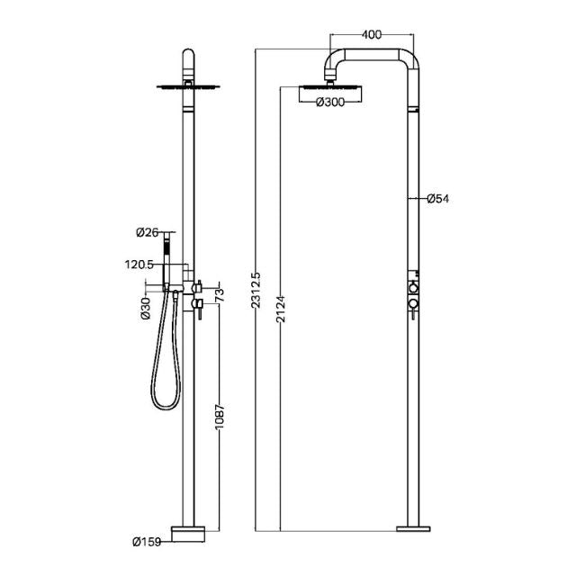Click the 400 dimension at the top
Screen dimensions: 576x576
pyautogui.click(x=370, y=34)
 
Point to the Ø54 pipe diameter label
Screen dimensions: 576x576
pyautogui.click(x=437, y=198)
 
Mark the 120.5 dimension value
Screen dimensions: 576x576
pyautogui.click(x=140, y=265)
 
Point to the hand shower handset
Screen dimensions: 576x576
pyautogui.click(x=166, y=262)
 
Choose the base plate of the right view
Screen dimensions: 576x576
pyautogui.click(x=416, y=525)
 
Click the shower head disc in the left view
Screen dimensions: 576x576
pyautogui.click(x=188, y=87)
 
